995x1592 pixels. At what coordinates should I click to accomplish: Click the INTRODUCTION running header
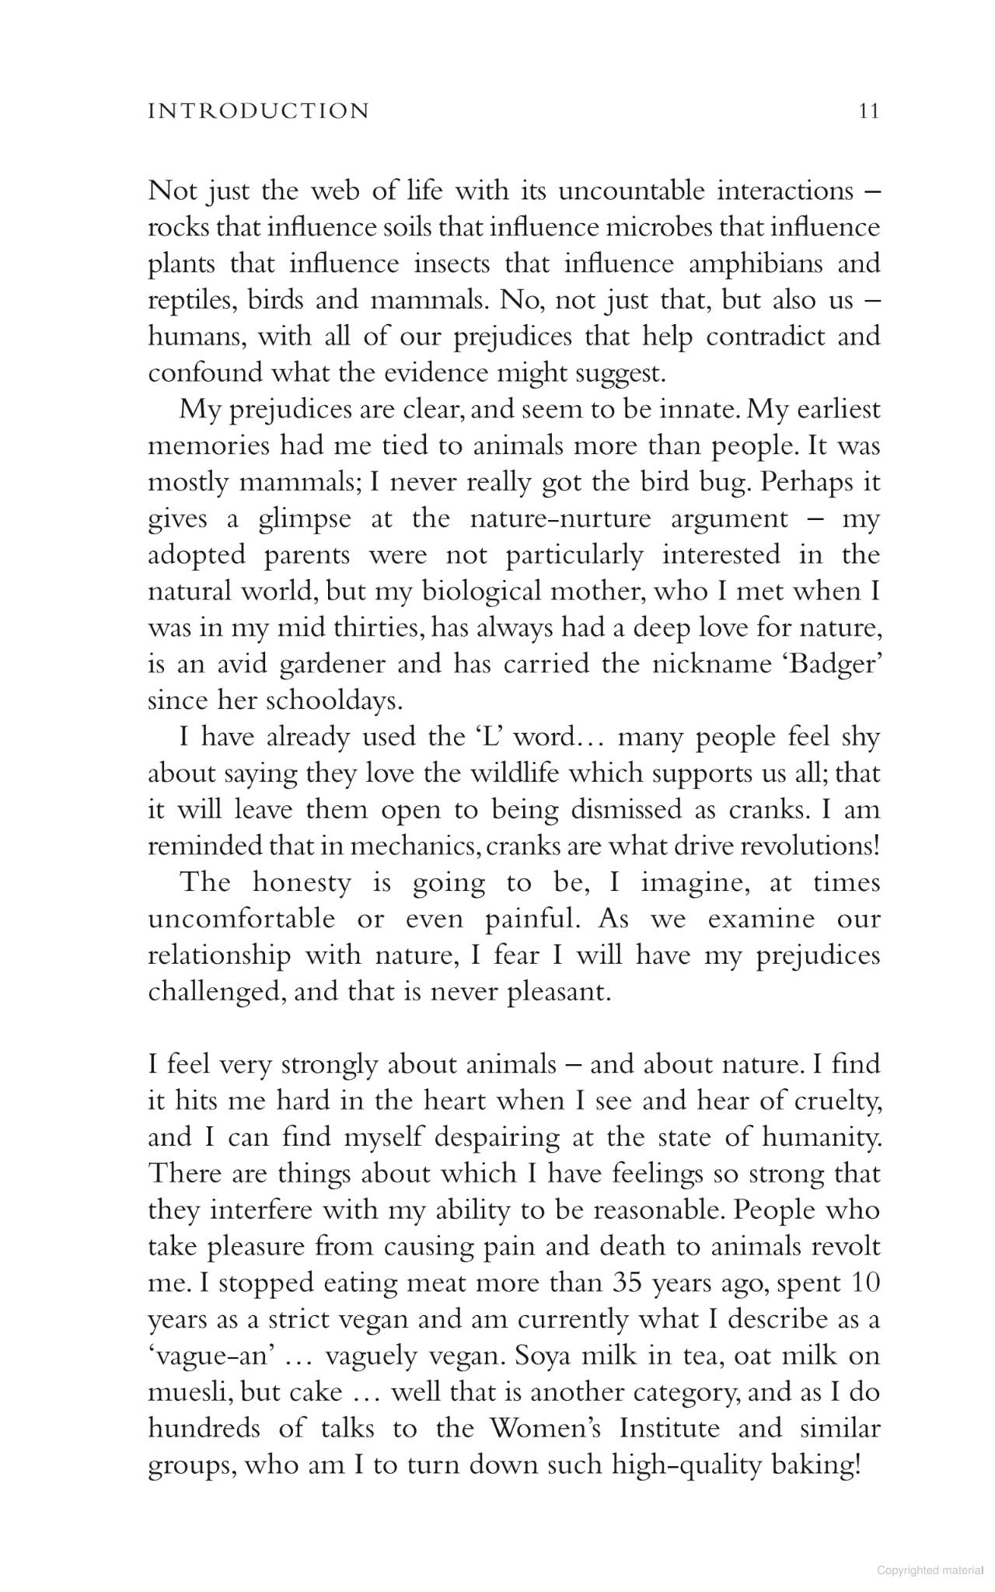coord(258,111)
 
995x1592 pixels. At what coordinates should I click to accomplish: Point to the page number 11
coord(868,111)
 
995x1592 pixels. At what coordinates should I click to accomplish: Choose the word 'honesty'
coord(302,883)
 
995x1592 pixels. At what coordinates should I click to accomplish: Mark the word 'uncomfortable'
coord(242,920)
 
